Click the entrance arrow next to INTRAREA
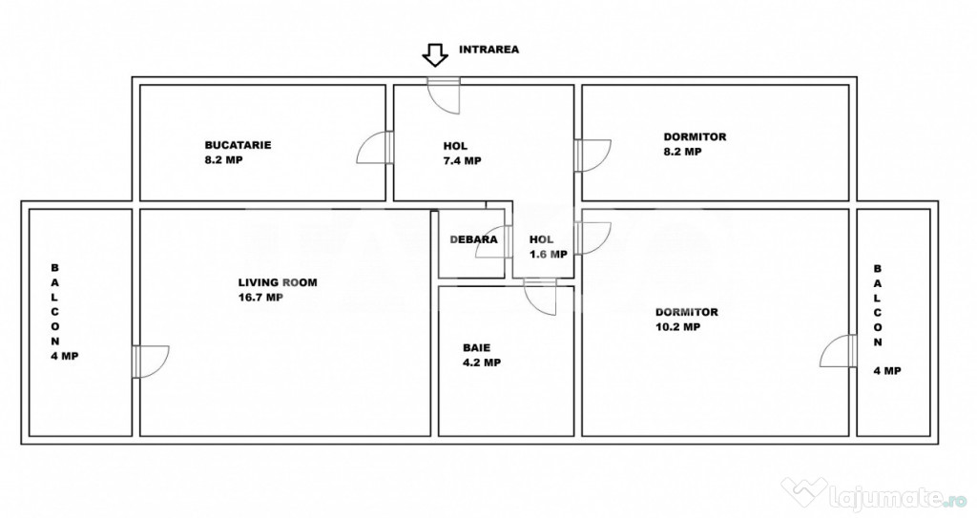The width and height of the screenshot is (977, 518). [435, 55]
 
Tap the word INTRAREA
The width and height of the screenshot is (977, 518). [489, 50]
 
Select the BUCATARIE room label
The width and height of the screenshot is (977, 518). [238, 145]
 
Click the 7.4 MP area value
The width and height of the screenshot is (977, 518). [463, 161]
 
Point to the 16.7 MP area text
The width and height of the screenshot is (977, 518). [261, 298]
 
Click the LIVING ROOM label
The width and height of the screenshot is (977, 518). [278, 282]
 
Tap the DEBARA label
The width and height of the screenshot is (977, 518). [473, 239]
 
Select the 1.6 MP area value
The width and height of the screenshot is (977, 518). [549, 255]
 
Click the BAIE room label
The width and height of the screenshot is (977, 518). [477, 348]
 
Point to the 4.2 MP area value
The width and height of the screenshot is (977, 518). [482, 363]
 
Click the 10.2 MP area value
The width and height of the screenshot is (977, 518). [678, 326]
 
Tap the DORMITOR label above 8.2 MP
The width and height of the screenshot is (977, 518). [695, 136]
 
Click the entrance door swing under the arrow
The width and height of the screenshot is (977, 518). [443, 96]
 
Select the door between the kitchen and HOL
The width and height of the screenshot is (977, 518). [375, 148]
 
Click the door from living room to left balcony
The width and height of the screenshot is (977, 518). [151, 361]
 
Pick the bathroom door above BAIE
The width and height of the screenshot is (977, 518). [540, 297]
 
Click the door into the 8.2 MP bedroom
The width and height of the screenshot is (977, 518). [592, 155]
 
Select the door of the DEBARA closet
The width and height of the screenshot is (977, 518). [493, 242]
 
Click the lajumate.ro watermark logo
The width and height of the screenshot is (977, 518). [874, 494]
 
